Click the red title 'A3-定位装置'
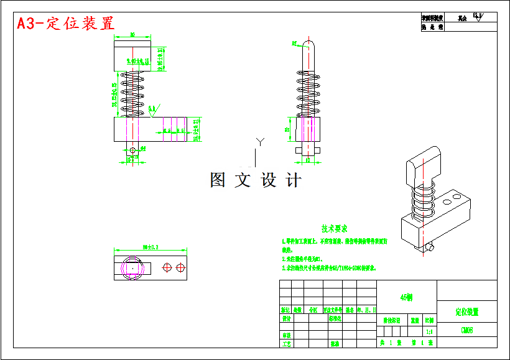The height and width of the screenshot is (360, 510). tap(65, 24)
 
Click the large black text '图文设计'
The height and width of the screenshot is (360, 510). tap(256, 180)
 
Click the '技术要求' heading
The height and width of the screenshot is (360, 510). tap(335, 229)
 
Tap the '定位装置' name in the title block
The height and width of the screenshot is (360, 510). tap(467, 312)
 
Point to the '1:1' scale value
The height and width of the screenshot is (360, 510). tap(429, 331)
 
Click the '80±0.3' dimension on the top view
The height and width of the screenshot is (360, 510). tap(150, 247)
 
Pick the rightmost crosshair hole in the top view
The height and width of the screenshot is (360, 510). tap(180, 267)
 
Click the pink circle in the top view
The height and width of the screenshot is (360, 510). tap(132, 267)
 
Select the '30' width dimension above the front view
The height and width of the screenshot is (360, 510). tap(132, 35)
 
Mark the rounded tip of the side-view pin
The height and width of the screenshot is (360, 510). tap(308, 44)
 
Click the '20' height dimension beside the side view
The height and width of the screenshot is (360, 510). tap(287, 129)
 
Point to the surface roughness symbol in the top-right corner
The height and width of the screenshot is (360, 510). tap(478, 17)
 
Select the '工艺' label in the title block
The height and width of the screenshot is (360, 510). tap(286, 343)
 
